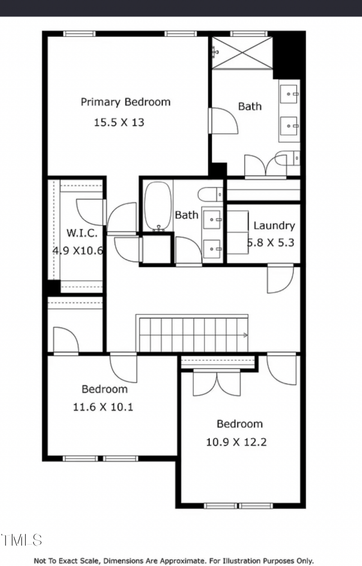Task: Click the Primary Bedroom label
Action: (125, 102)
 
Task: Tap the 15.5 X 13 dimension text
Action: (119, 122)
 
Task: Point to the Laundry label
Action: (274, 225)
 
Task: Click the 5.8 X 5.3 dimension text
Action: (271, 243)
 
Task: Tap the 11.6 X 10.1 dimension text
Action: (103, 407)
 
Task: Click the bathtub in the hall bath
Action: (158, 206)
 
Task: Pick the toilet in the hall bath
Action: (210, 195)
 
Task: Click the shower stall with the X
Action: (243, 53)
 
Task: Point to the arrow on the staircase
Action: (245, 335)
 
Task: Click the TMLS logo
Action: (21, 540)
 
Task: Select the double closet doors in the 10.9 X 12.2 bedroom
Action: (217, 384)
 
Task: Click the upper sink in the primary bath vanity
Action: (289, 94)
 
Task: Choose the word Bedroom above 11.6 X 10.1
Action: (105, 389)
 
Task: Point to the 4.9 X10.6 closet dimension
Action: (78, 250)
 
